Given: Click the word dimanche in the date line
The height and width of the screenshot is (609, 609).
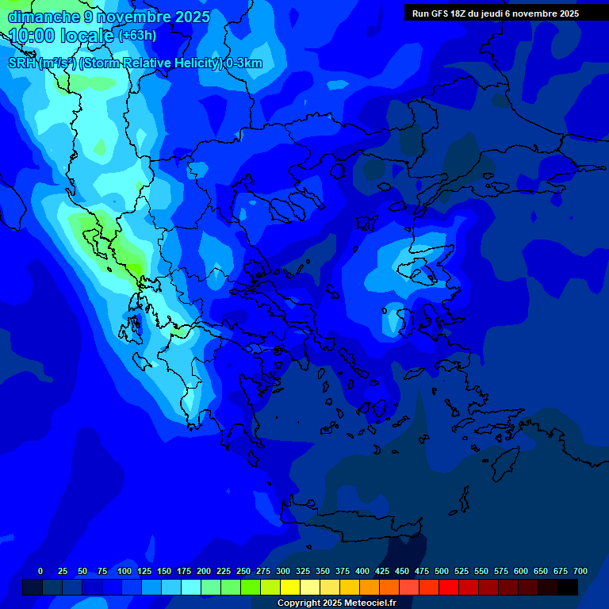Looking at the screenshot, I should pos(43,17).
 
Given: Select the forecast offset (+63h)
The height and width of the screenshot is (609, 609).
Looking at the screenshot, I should pos(137,36).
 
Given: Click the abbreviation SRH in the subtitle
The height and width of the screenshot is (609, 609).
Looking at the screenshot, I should pos(22,63).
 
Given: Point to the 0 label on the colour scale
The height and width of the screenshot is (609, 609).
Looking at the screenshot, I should pos(40,571).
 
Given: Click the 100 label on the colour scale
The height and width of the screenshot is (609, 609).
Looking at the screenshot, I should pos(124,571).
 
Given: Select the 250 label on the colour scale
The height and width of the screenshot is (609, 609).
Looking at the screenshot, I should pos(243,571).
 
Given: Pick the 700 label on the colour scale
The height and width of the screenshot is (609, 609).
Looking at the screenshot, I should pos(580,571).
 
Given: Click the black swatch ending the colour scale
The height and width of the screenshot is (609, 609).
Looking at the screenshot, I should pos(568,588).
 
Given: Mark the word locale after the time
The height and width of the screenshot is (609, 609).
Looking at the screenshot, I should pos(87,35).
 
